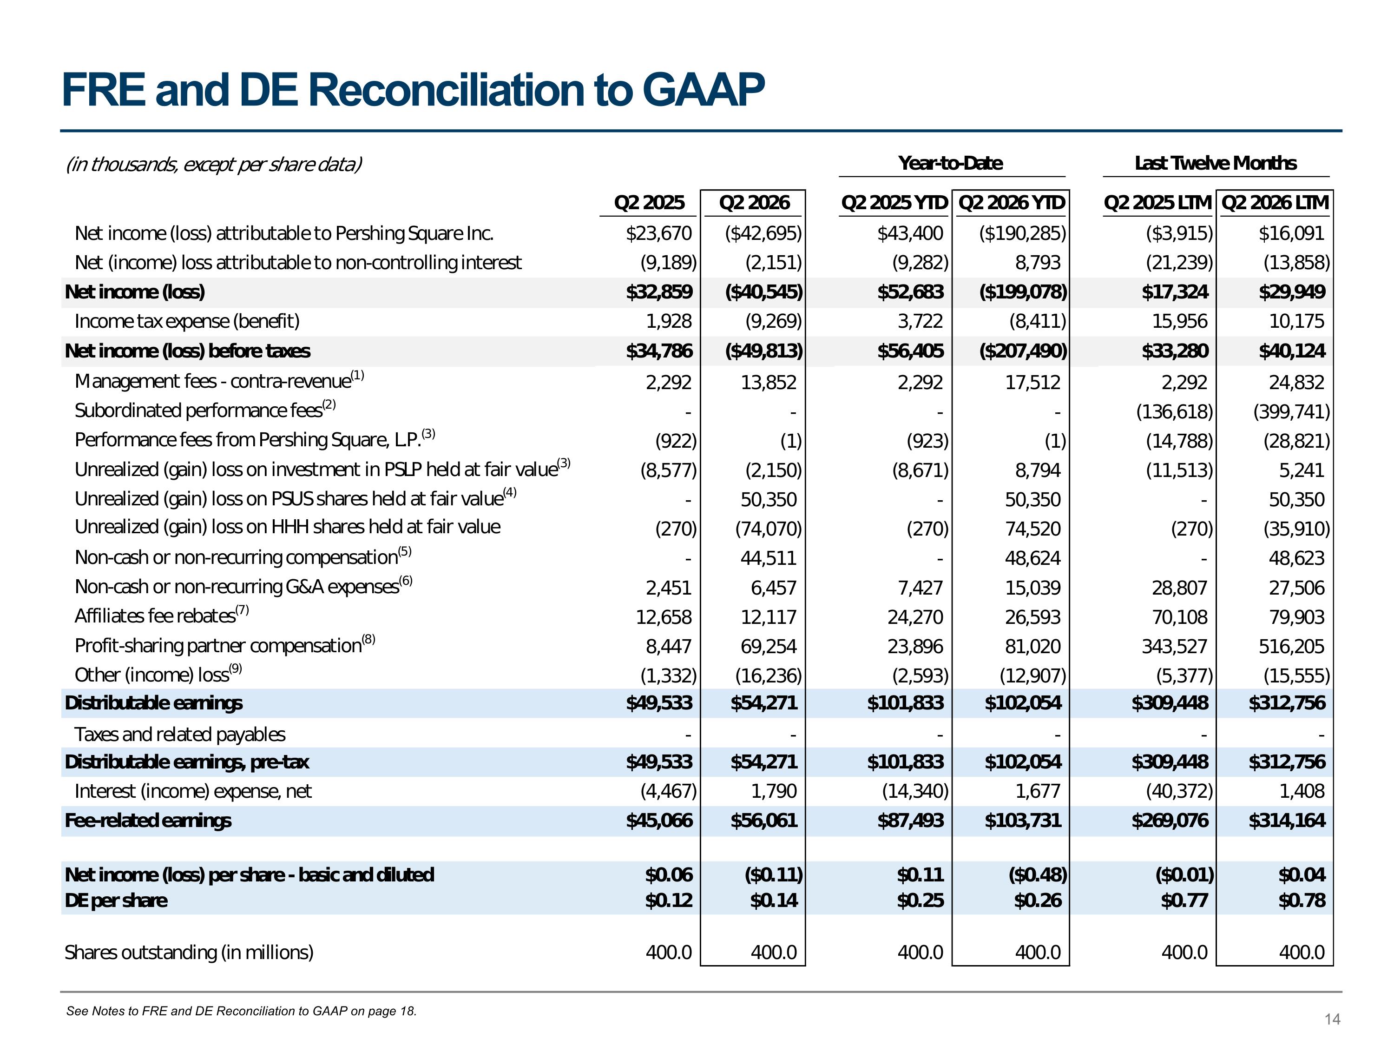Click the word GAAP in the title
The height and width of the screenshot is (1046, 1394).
(704, 90)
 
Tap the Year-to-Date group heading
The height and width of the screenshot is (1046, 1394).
(950, 163)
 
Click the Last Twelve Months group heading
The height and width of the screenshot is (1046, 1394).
(1216, 163)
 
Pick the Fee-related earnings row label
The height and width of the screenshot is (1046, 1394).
(148, 820)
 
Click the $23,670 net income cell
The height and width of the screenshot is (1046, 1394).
(658, 233)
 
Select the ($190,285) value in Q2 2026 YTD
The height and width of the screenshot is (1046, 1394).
(1022, 233)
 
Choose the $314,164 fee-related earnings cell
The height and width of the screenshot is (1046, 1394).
(1287, 820)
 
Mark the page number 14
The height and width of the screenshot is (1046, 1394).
(1332, 1020)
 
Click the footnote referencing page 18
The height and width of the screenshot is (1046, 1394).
(241, 1011)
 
